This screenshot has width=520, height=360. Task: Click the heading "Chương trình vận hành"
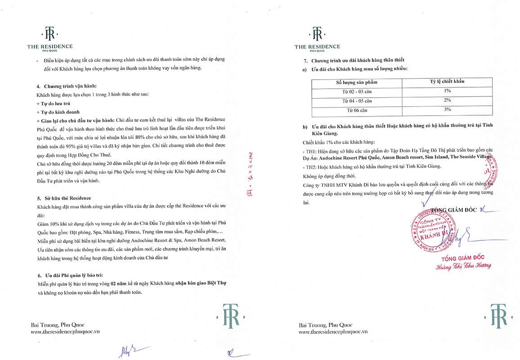(x=70, y=86)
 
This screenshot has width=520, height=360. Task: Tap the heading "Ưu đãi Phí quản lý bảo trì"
(x=76, y=274)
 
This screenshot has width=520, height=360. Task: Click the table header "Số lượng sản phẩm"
(x=357, y=82)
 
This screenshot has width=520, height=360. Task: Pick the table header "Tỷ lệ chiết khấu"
(x=447, y=81)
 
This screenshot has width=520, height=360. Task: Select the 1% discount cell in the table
(x=447, y=91)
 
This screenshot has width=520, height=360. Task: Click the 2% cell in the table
(x=447, y=100)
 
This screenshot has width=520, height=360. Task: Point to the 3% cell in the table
(x=447, y=109)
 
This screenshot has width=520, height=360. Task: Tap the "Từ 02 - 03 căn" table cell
(x=357, y=91)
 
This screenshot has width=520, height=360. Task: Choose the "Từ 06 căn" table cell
(x=357, y=110)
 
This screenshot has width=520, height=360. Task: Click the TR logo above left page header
(x=49, y=34)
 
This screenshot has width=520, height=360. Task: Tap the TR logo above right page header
(x=317, y=34)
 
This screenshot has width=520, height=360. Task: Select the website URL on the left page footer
(x=65, y=331)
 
